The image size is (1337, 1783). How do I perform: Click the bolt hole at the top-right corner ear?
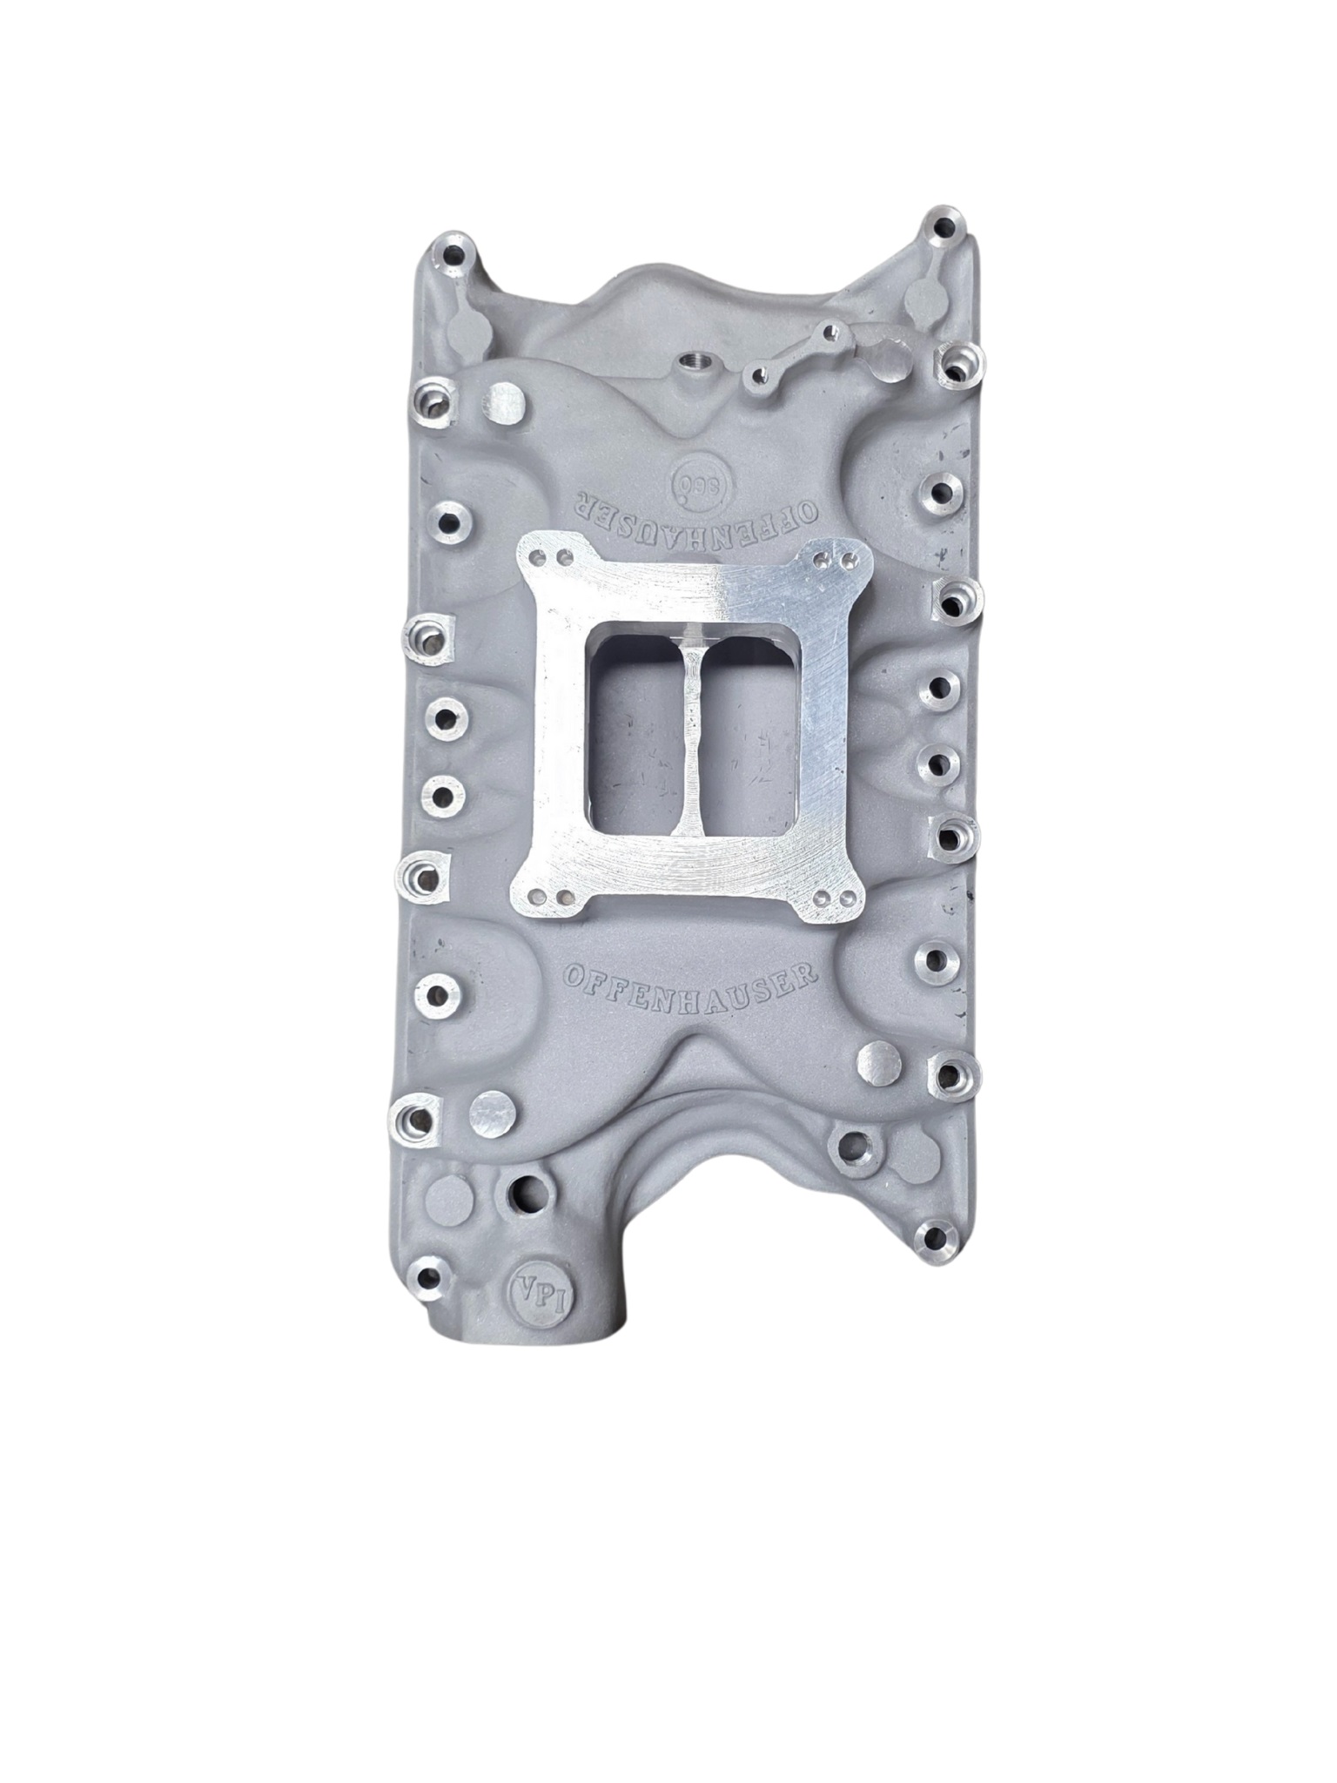942,230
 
